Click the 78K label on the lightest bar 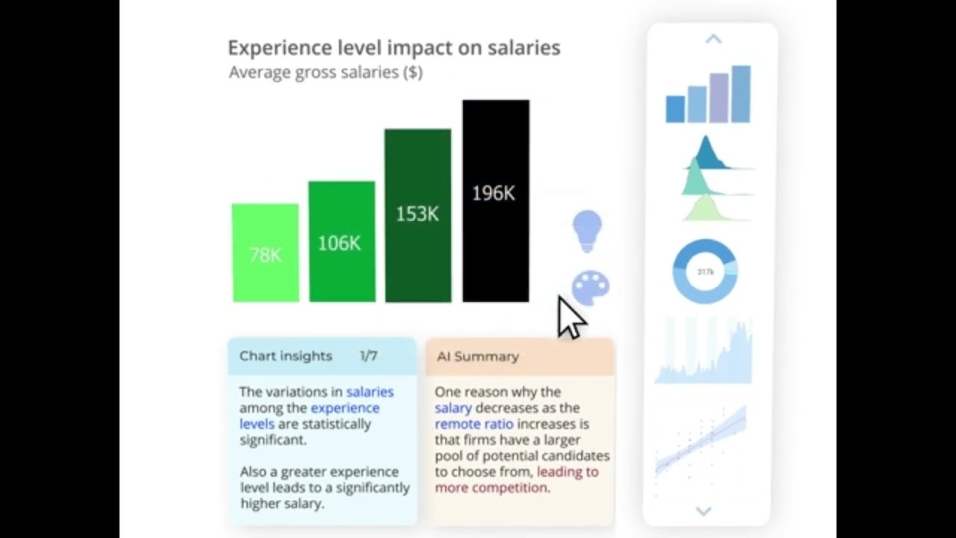[266, 256]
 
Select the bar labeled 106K [341, 242]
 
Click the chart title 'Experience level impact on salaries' [394, 48]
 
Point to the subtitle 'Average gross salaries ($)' [326, 72]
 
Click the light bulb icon [587, 230]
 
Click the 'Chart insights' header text [285, 356]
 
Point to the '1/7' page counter [368, 356]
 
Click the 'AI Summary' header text [477, 356]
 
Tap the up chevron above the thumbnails [713, 39]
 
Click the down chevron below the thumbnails [704, 511]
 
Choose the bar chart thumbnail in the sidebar [708, 95]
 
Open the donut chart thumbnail [705, 271]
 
